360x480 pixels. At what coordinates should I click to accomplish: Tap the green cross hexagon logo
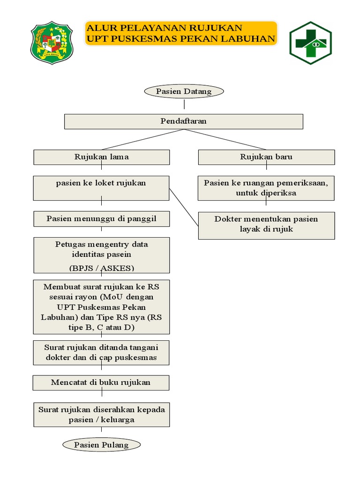pos(310,43)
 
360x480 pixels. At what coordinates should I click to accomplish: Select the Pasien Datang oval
pos(184,91)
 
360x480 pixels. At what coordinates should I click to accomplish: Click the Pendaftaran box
pos(183,121)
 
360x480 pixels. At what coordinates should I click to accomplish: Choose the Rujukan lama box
pos(101,157)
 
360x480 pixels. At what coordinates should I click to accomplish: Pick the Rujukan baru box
pos(266,157)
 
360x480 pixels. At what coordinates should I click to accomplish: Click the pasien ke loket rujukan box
pos(101,187)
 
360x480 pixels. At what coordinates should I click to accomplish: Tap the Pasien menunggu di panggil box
pos(101,219)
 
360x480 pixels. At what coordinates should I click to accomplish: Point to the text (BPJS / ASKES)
pos(101,268)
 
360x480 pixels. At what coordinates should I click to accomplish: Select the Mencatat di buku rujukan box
pos(101,382)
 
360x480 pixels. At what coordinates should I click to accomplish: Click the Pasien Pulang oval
pos(101,445)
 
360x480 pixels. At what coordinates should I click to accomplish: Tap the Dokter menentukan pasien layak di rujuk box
pos(266,225)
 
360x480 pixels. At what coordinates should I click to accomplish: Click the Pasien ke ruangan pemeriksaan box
pos(266,188)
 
